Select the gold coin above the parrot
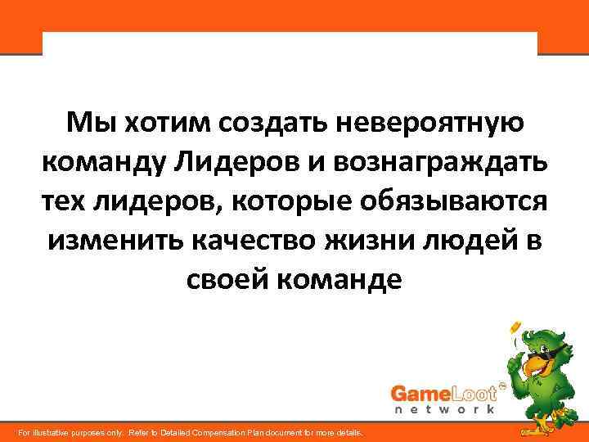(x=515, y=328)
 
